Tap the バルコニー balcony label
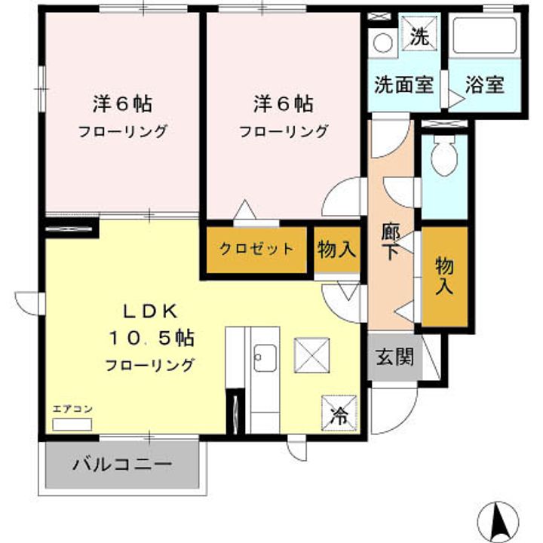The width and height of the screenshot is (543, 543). [122, 464]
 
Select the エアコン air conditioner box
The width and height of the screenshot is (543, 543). [72, 424]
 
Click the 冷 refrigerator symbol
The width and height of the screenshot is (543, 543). [339, 413]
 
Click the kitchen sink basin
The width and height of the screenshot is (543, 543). [265, 358]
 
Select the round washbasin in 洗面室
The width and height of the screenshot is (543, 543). [383, 43]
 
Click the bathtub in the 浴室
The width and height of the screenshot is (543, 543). [484, 35]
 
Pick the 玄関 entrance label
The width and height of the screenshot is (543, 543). [394, 356]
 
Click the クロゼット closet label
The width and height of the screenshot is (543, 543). [256, 249]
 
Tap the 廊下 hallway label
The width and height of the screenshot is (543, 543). [391, 242]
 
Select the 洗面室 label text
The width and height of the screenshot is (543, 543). [403, 84]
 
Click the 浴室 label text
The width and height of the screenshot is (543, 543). [484, 84]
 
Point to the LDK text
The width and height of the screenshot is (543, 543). [151, 311]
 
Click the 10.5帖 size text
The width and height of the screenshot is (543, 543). [152, 338]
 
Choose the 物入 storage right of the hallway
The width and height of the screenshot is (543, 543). [444, 276]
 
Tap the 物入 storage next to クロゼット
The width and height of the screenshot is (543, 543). [336, 249]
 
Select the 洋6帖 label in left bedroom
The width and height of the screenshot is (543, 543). [122, 104]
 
